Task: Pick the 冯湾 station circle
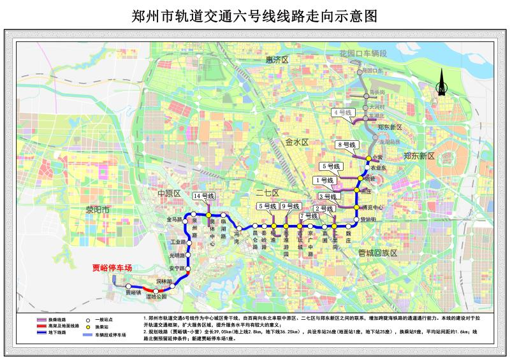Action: tap(238, 227)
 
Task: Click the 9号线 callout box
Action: tap(290, 206)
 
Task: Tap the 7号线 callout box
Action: tap(309, 216)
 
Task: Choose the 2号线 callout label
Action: tap(325, 208)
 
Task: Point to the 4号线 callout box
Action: tap(344, 113)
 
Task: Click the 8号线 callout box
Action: tap(347, 144)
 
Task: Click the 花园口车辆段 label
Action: tap(363, 53)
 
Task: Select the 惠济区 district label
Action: tap(277, 59)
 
